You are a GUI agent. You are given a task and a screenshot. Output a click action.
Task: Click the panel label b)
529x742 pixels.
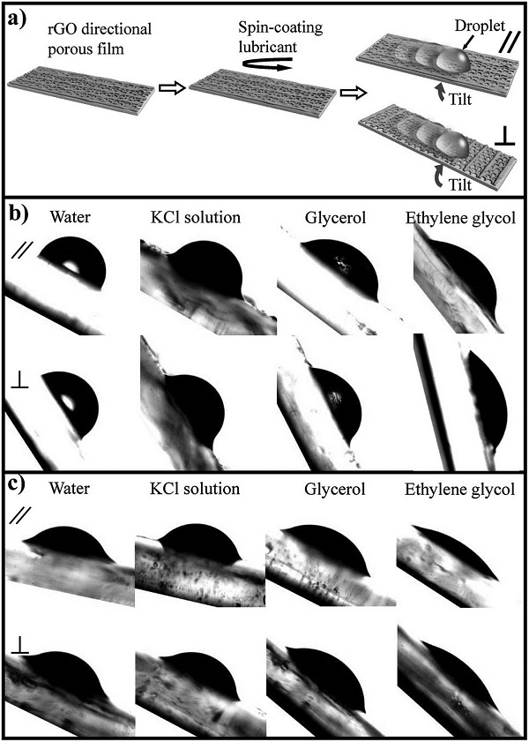(18, 220)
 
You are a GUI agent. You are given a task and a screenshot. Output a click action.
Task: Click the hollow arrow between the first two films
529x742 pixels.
(169, 88)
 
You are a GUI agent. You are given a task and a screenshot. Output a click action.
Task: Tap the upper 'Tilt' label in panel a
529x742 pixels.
(459, 101)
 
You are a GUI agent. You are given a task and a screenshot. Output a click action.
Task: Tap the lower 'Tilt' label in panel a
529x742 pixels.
(459, 185)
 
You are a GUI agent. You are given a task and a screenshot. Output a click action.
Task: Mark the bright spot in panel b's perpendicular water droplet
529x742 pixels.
(70, 402)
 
